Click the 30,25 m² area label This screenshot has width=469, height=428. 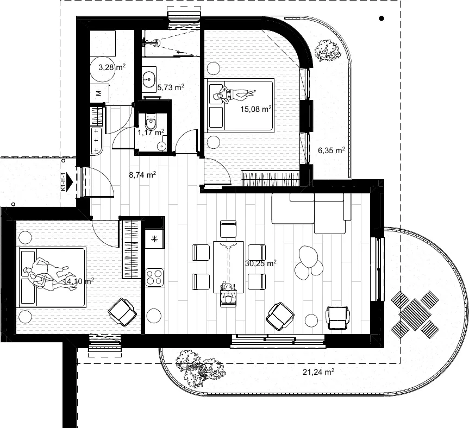pos(260,263)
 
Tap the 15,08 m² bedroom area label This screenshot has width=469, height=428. pos(256,109)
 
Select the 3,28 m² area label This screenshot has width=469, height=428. pos(112,67)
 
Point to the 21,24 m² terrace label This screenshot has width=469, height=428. pos(318,372)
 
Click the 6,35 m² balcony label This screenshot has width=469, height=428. pos(332,150)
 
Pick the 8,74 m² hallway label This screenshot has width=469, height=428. pos(142,175)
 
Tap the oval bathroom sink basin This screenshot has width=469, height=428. pos(148,79)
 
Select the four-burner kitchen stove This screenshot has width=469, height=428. pos(155,277)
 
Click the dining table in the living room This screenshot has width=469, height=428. pos(228,267)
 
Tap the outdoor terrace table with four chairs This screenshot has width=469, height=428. pos(415,314)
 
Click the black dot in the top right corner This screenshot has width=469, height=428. pos(382,18)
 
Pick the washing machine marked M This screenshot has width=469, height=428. pos(100,93)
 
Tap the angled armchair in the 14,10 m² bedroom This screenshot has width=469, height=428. pos(122,312)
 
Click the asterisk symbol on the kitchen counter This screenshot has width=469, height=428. pos(155,239)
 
